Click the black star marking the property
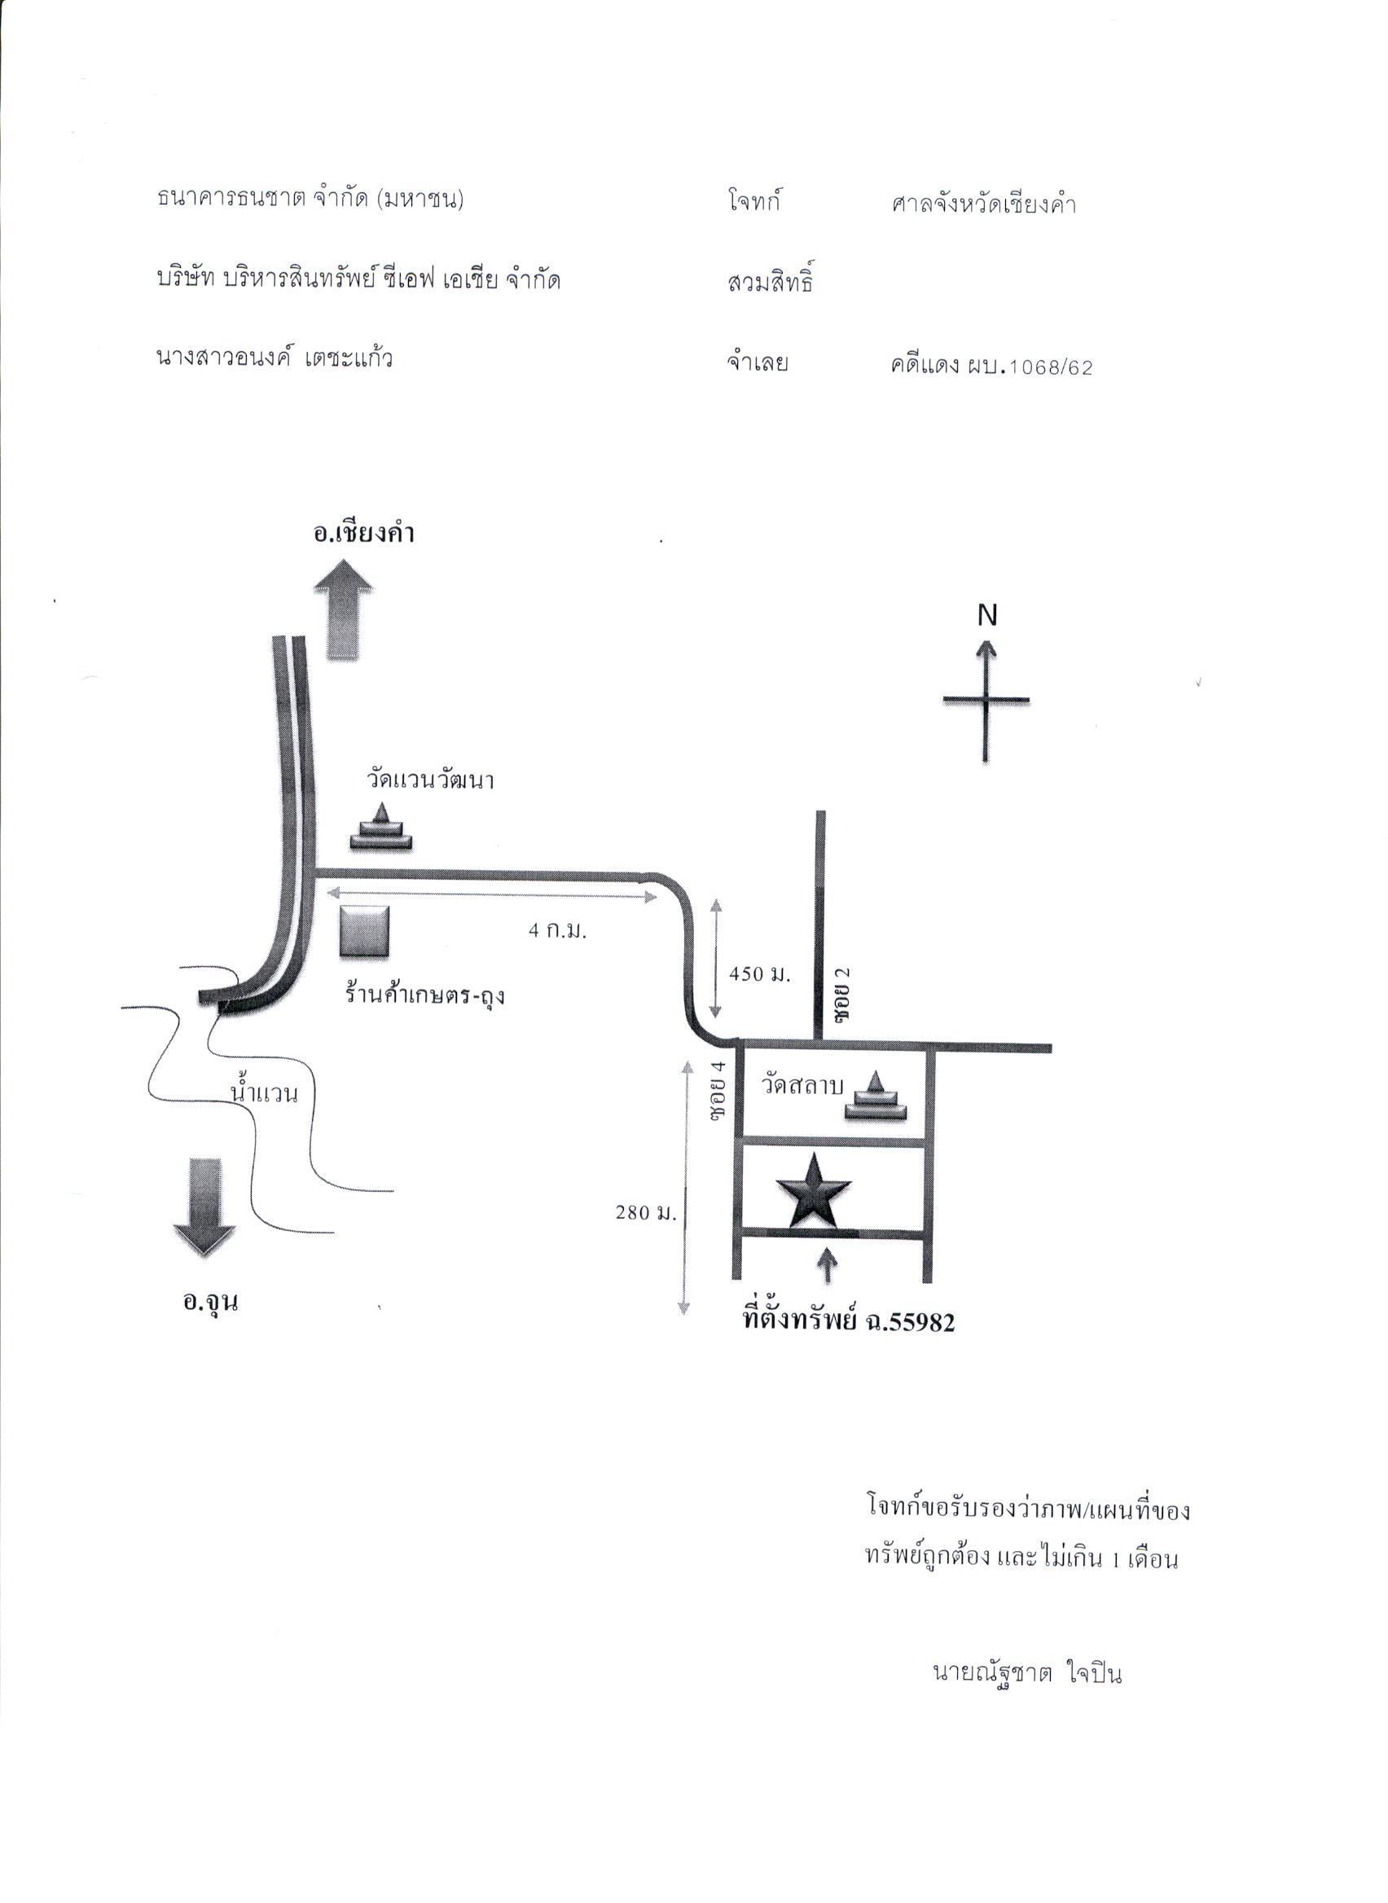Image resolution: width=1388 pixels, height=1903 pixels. (x=813, y=1190)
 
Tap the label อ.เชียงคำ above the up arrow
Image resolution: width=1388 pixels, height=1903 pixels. (x=364, y=534)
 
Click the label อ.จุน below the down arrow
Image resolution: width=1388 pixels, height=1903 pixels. (x=211, y=1302)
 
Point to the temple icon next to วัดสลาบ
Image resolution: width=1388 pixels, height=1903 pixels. (x=876, y=1096)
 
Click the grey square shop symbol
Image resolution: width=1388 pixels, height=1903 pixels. (x=365, y=931)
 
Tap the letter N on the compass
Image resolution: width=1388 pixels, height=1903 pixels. (x=987, y=616)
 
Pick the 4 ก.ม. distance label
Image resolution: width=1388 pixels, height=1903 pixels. (x=557, y=931)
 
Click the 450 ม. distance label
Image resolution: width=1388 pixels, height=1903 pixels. (x=759, y=974)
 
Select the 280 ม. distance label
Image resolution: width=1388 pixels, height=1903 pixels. (x=645, y=1212)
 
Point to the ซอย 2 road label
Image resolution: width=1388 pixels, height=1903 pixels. (x=842, y=994)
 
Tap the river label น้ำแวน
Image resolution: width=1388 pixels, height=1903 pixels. (x=265, y=1093)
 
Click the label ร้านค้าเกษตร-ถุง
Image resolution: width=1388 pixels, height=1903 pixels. (x=424, y=995)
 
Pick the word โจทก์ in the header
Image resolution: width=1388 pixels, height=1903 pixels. (x=754, y=202)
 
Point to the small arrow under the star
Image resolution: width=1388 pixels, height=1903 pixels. (x=828, y=1265)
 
